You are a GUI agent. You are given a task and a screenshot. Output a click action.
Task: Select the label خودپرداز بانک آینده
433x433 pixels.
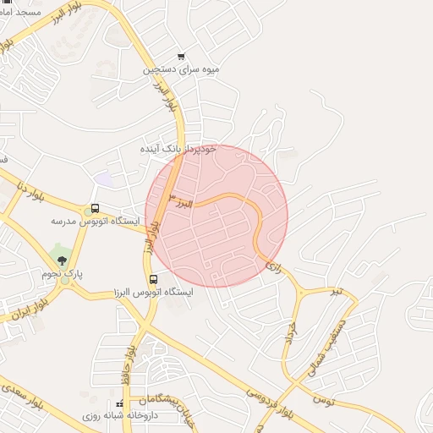coord(178,148)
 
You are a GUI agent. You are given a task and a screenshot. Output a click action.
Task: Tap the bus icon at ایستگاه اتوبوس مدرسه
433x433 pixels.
coord(94,209)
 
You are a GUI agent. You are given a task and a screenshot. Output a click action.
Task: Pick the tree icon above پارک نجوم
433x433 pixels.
coord(60,255)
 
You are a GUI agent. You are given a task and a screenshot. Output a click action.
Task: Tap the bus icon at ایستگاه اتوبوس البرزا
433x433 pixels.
coord(153,279)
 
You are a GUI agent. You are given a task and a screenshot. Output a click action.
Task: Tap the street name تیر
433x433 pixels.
coord(337,291)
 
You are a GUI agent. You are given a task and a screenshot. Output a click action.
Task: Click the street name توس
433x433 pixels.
coord(322,397)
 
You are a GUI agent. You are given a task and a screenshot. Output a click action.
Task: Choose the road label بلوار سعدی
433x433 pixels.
coord(20,394)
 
